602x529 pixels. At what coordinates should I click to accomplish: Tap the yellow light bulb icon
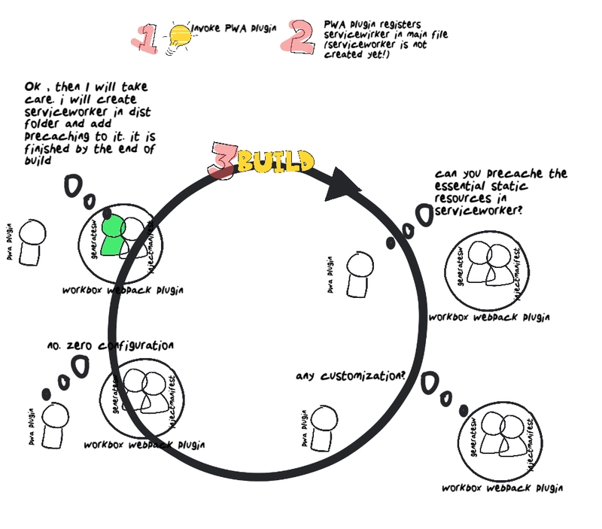point(181,35)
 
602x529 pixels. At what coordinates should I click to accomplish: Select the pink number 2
point(299,37)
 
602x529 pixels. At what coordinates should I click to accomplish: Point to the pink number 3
point(223,160)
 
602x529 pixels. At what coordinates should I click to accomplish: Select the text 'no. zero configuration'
point(110,346)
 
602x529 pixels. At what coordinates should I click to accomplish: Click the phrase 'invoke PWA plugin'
point(234,28)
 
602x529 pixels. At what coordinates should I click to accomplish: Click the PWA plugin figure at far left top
point(31,245)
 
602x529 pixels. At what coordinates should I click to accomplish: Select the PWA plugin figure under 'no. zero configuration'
point(54,424)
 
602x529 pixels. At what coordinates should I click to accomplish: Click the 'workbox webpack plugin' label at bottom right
point(502,488)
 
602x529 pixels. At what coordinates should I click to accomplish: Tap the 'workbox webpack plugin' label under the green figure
point(123,290)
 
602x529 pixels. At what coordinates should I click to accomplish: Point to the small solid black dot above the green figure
point(107,212)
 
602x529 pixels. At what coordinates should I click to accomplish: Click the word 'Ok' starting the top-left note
point(33,87)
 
